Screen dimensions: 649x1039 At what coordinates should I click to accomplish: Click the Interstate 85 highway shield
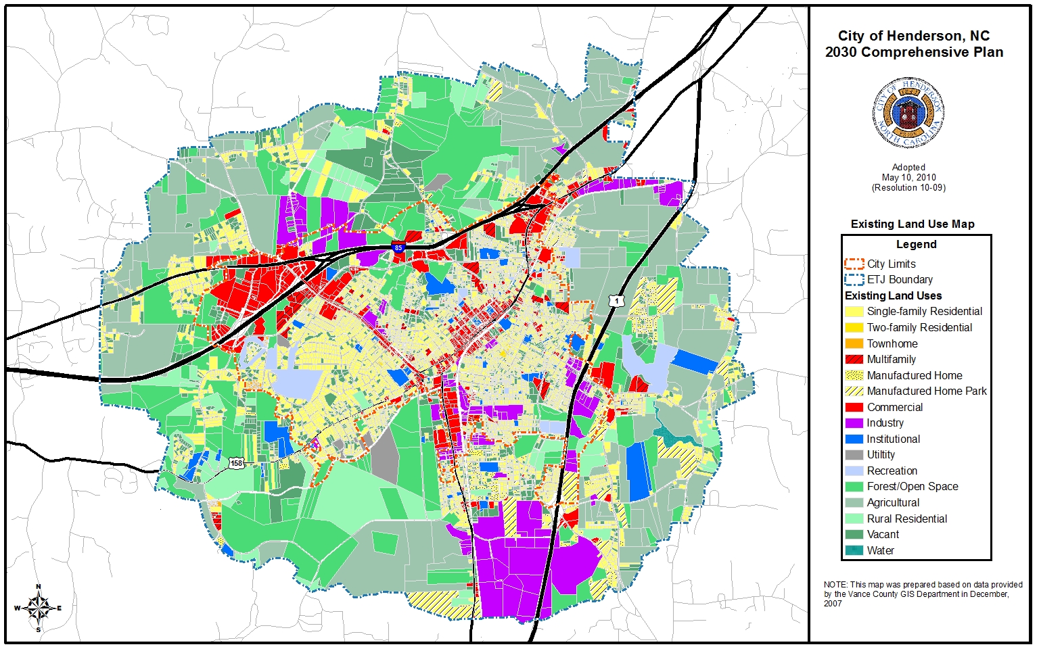[398, 248]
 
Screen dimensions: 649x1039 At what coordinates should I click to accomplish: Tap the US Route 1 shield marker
[616, 300]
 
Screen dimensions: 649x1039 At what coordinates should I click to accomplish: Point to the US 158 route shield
[235, 463]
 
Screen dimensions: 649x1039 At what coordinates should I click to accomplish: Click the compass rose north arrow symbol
[39, 608]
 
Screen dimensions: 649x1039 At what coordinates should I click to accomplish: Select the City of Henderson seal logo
[908, 113]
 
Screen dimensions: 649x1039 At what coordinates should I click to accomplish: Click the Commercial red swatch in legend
[854, 407]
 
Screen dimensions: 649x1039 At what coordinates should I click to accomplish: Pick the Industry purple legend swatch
[854, 423]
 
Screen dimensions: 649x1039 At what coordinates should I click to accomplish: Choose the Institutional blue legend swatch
[854, 439]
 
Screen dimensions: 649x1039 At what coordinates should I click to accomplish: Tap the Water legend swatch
[854, 550]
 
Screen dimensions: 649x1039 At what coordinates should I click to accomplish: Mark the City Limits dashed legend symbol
[854, 264]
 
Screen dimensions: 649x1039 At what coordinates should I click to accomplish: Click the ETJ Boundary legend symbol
[854, 279]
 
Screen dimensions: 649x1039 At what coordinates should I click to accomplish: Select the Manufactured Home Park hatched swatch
[854, 391]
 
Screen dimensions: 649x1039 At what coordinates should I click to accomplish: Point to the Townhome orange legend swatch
[854, 343]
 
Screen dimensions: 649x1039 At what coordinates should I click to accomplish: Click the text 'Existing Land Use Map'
[912, 224]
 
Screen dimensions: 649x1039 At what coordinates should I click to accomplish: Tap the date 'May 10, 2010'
[908, 177]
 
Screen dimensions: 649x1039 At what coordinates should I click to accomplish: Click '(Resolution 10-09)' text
[908, 187]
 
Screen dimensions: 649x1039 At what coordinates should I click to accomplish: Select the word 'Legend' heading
[916, 244]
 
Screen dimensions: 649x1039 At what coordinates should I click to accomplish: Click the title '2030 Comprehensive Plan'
[914, 52]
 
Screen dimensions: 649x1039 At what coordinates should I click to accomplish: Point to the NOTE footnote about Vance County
[922, 594]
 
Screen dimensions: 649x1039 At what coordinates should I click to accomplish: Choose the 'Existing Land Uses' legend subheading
[893, 295]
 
